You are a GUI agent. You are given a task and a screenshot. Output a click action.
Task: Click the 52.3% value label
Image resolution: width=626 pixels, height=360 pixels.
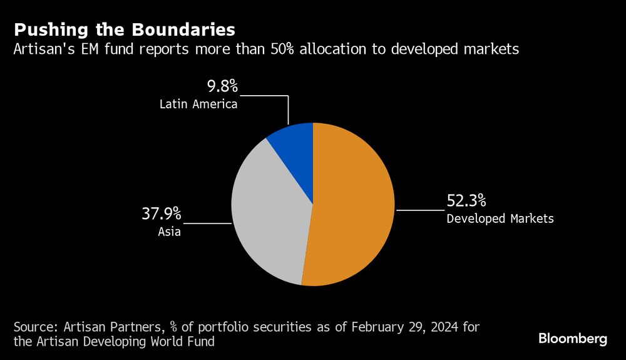tap(466, 202)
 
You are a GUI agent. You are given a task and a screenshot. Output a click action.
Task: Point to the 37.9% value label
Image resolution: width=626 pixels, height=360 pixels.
tap(161, 215)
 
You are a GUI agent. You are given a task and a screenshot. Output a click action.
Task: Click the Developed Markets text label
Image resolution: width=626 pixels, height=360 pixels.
tap(500, 219)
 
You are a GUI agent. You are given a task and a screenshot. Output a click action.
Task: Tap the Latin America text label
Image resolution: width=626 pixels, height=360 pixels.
tap(198, 104)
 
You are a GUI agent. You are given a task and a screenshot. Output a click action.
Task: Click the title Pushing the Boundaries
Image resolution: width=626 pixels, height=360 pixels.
tap(125, 29)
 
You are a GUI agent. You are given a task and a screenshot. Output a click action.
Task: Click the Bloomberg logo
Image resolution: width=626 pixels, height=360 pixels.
tap(572, 339)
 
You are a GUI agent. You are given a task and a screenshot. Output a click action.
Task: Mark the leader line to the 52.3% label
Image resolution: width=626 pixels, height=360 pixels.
tap(419, 210)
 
